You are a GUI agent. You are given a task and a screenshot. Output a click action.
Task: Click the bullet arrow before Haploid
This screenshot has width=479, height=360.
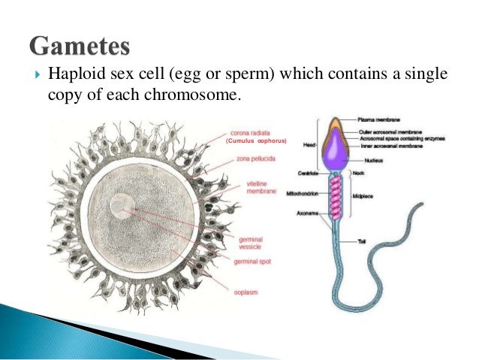click(35, 75)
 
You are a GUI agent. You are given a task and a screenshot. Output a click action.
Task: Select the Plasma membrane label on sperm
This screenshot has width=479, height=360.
click(378, 119)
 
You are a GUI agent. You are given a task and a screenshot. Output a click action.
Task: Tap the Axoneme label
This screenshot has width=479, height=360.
click(308, 213)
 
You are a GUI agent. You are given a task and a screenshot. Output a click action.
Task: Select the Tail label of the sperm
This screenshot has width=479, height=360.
click(363, 241)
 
